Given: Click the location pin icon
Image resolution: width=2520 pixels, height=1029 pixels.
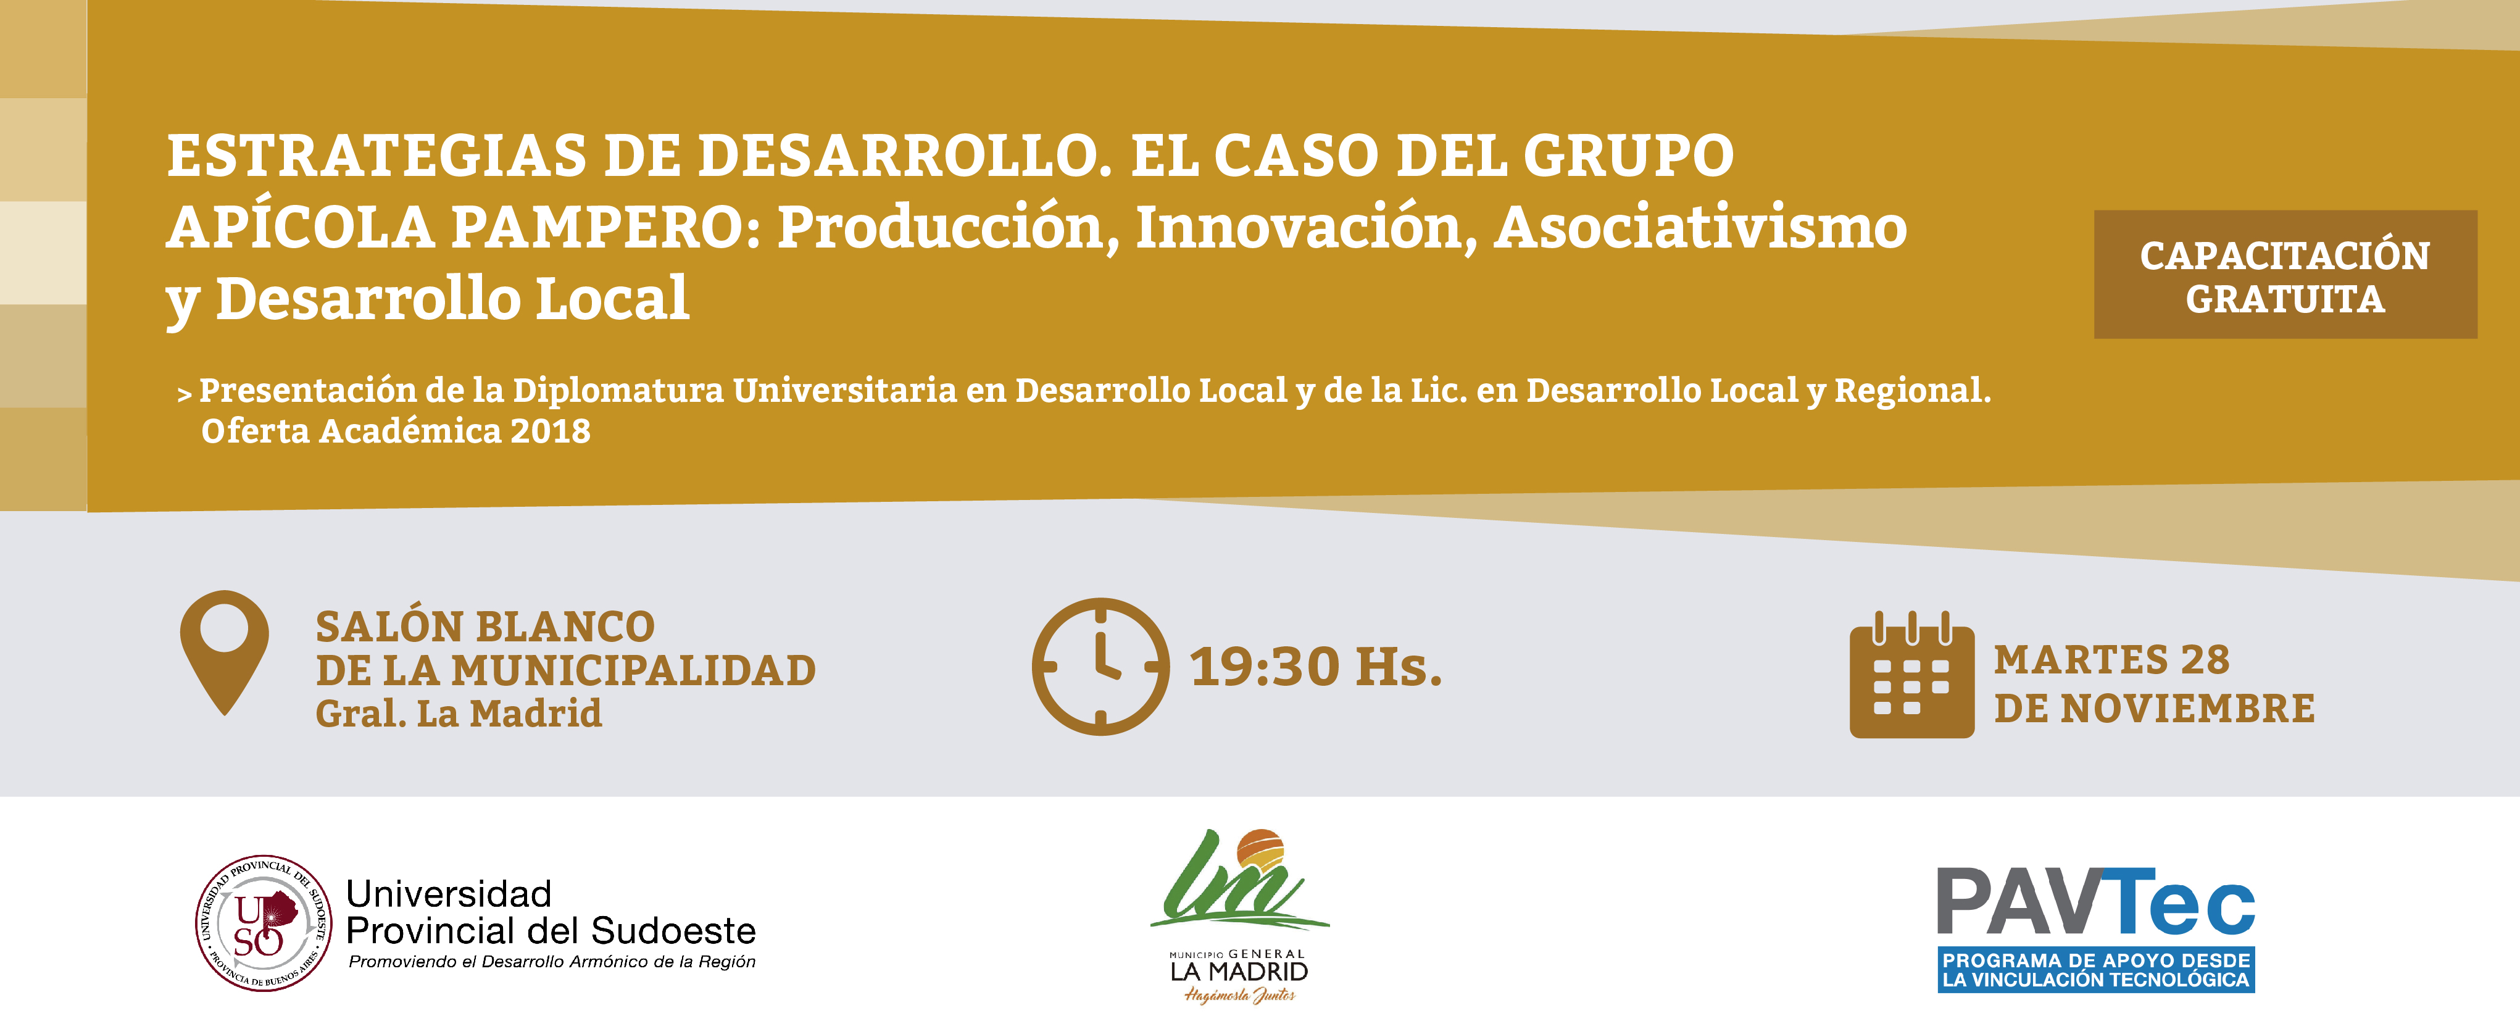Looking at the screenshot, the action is point(224,626).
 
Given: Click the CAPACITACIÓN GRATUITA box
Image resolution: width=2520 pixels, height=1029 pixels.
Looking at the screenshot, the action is point(2285,275).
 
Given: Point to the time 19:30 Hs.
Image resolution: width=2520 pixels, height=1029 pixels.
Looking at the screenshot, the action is point(1316,667).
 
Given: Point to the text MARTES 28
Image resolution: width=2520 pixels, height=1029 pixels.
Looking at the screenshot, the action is point(2112,660).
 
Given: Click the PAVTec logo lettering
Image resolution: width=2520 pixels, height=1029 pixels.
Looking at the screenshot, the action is point(2097,902).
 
